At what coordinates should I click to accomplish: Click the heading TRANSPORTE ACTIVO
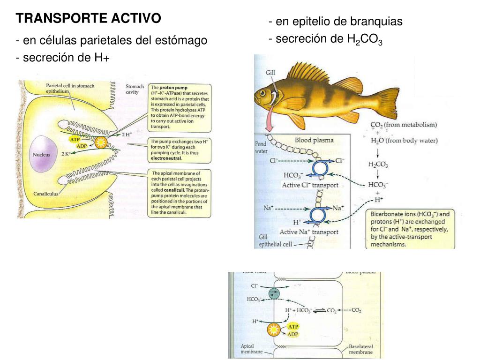(x=88, y=19)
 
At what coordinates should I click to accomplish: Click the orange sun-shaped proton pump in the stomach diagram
(x=100, y=142)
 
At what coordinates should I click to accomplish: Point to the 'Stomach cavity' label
(x=135, y=89)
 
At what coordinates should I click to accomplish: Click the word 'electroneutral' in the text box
(x=165, y=158)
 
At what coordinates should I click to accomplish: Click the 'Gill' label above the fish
(x=270, y=73)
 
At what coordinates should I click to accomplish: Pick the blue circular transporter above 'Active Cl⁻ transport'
(x=320, y=167)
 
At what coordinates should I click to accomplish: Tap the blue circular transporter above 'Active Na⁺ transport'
(x=320, y=215)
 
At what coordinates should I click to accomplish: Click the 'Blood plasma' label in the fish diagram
(x=314, y=140)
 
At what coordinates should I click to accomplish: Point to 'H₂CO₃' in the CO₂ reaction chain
(x=378, y=165)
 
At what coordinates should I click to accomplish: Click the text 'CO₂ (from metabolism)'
(x=403, y=125)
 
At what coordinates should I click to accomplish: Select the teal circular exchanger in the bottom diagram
(x=273, y=293)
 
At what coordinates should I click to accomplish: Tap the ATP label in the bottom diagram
(x=292, y=326)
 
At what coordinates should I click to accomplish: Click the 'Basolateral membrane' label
(x=361, y=349)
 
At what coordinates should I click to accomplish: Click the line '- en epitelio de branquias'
(x=336, y=22)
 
